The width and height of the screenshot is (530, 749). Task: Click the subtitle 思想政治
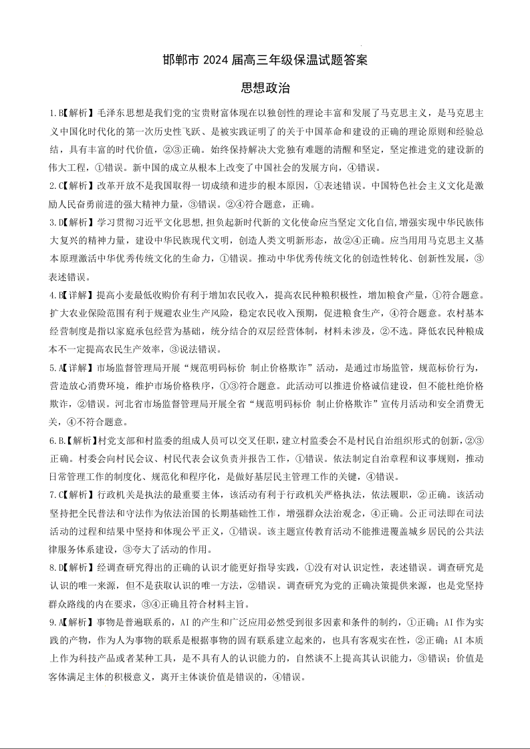(x=265, y=87)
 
